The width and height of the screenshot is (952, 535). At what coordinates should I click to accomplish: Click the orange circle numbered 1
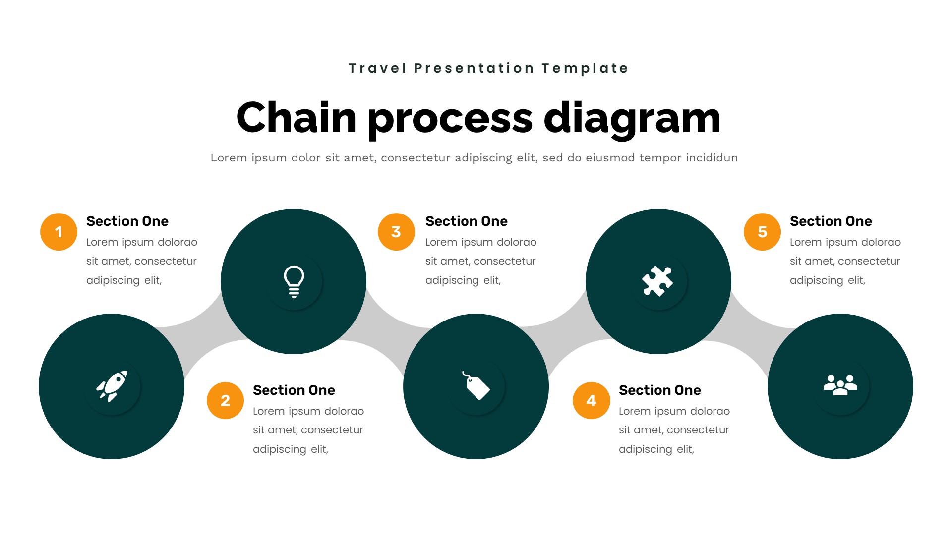click(59, 232)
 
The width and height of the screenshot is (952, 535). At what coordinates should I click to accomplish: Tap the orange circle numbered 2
click(225, 400)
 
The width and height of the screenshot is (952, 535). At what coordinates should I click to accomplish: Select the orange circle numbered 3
click(396, 232)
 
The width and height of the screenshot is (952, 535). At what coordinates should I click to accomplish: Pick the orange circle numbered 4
click(591, 400)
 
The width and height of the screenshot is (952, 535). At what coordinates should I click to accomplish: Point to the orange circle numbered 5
click(762, 232)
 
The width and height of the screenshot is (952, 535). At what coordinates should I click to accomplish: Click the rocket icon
click(112, 386)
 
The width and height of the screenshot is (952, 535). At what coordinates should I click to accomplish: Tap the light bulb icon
click(294, 281)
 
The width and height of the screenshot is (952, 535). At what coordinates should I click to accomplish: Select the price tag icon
click(476, 386)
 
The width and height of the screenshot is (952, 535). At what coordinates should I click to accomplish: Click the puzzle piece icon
click(658, 281)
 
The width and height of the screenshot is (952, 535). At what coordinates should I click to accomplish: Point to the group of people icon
click(840, 385)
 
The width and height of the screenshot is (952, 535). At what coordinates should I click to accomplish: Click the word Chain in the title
click(296, 118)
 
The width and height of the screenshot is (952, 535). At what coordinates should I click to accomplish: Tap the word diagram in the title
click(632, 118)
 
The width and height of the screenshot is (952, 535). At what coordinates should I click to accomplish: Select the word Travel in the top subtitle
click(377, 68)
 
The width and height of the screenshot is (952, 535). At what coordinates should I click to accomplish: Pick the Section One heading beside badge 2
click(294, 390)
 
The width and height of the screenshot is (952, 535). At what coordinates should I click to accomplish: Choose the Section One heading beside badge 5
click(831, 221)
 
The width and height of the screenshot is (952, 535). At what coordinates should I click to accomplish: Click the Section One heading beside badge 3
click(466, 221)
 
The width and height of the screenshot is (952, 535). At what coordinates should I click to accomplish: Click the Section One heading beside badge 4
click(659, 390)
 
